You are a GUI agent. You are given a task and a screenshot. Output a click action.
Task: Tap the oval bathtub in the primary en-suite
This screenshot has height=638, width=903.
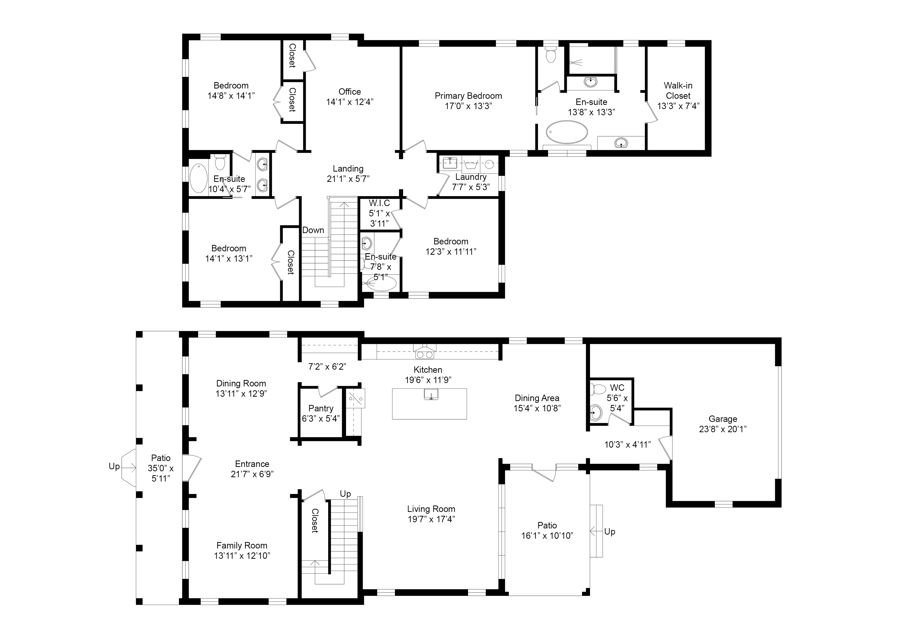click(567, 132)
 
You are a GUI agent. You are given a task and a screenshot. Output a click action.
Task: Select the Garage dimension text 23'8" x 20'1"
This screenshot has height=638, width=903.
click(723, 429)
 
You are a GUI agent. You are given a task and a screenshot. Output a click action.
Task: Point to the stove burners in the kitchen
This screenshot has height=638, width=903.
click(424, 355)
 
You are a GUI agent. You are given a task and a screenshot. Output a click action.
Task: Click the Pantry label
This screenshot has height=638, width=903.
click(320, 409)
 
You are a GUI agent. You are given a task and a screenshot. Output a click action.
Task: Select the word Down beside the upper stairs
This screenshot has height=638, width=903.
click(313, 230)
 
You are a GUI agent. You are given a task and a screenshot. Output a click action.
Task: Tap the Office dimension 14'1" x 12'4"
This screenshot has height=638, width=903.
click(349, 102)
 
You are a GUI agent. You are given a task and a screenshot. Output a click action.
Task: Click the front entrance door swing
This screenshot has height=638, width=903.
click(194, 468)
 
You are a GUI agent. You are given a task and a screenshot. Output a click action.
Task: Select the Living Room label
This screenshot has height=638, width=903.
click(431, 509)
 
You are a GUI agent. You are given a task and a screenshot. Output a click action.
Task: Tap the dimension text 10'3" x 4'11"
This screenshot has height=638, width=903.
click(627, 445)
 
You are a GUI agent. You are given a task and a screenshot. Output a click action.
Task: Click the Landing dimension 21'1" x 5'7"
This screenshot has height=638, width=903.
click(348, 179)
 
